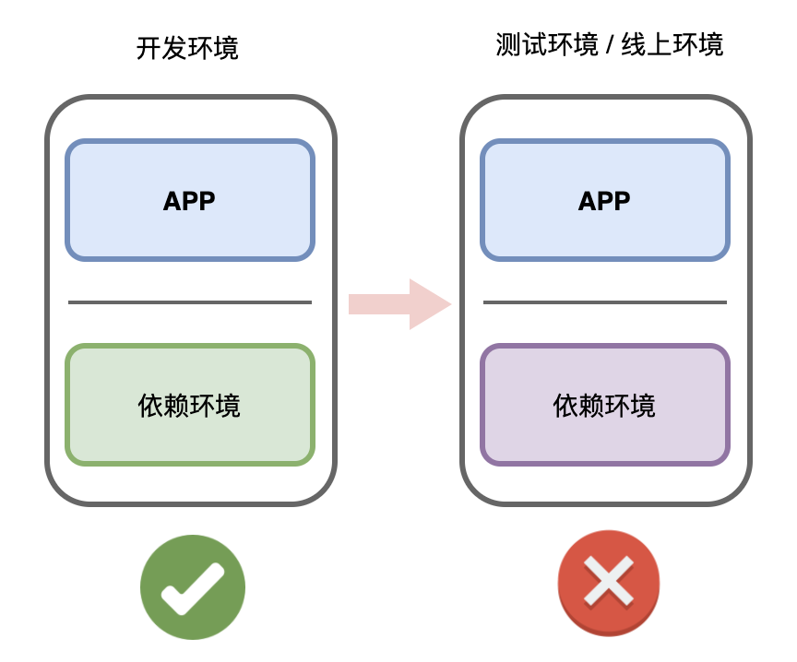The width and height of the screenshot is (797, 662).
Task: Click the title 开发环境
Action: click(x=187, y=48)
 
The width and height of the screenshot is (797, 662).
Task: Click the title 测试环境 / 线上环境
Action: click(x=609, y=44)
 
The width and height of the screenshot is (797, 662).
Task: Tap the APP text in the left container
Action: click(x=189, y=201)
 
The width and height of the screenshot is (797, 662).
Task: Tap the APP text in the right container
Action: click(x=604, y=201)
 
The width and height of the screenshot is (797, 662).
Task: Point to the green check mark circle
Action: click(x=193, y=587)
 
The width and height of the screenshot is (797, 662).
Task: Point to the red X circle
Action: click(x=609, y=583)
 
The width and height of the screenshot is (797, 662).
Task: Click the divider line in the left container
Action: click(x=190, y=301)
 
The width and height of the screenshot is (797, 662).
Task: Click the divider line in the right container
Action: click(x=605, y=301)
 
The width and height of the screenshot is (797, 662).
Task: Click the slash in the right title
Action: click(x=610, y=45)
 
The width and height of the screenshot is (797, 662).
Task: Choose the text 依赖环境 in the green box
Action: click(x=189, y=405)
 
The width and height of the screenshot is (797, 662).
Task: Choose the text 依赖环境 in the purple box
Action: click(x=604, y=405)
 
